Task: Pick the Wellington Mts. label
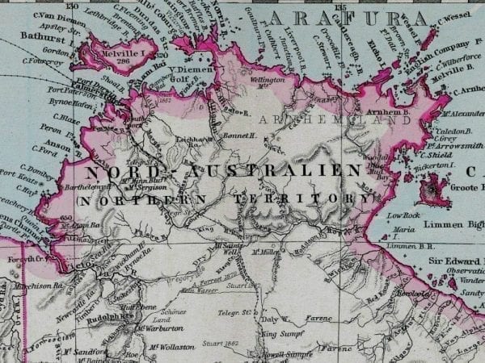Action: click(268, 82)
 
